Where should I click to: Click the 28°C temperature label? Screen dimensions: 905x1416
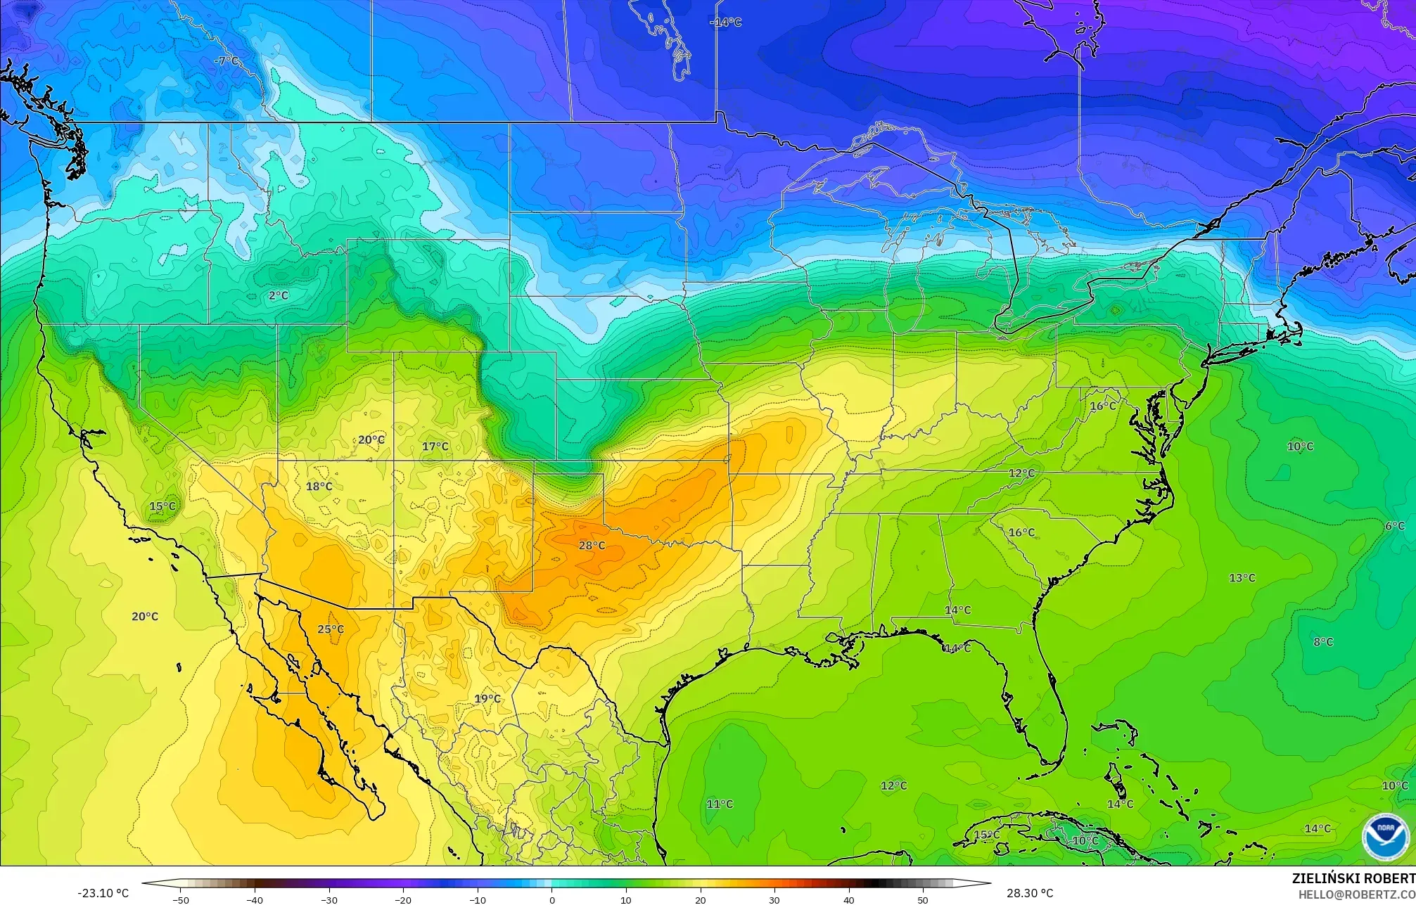pos(592,546)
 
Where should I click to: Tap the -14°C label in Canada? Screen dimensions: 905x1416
pos(725,23)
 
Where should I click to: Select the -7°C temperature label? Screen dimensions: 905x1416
pos(226,61)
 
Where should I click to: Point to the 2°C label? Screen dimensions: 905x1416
pos(279,295)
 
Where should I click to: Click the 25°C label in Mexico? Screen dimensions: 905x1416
pos(331,629)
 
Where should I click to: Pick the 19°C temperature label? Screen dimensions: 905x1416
pos(487,699)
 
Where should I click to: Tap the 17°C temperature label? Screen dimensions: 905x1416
pos(435,447)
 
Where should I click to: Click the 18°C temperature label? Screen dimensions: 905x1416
pos(319,487)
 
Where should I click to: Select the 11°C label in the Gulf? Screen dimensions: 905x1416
pos(719,804)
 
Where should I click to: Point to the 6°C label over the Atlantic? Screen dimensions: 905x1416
pos(1394,526)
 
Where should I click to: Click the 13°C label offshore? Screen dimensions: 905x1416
pos(1242,578)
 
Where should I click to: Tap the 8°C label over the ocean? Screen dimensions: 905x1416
pos(1322,642)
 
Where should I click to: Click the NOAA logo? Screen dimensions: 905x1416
pos(1385,837)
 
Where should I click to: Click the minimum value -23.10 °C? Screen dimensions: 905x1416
pos(103,893)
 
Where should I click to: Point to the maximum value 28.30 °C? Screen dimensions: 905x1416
pos(1030,893)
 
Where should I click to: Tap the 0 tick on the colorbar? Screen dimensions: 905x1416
pos(552,899)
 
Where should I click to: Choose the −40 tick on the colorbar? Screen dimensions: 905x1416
pos(255,899)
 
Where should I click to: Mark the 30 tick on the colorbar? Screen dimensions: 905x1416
pos(774,899)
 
